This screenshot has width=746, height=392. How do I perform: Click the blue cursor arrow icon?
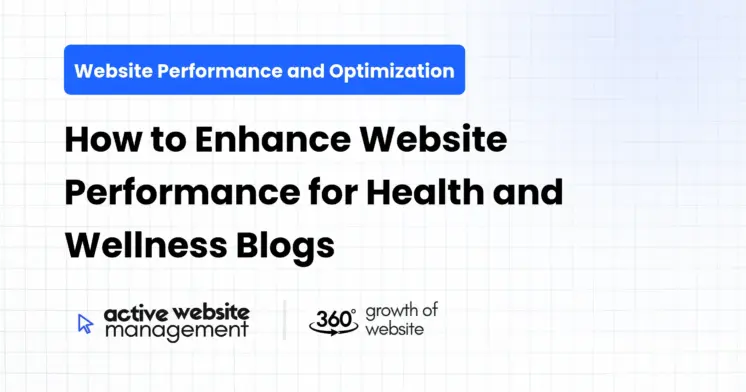pos(85,322)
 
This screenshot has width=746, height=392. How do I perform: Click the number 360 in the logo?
pos(331,318)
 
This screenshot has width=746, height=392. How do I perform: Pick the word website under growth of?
pos(394,328)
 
